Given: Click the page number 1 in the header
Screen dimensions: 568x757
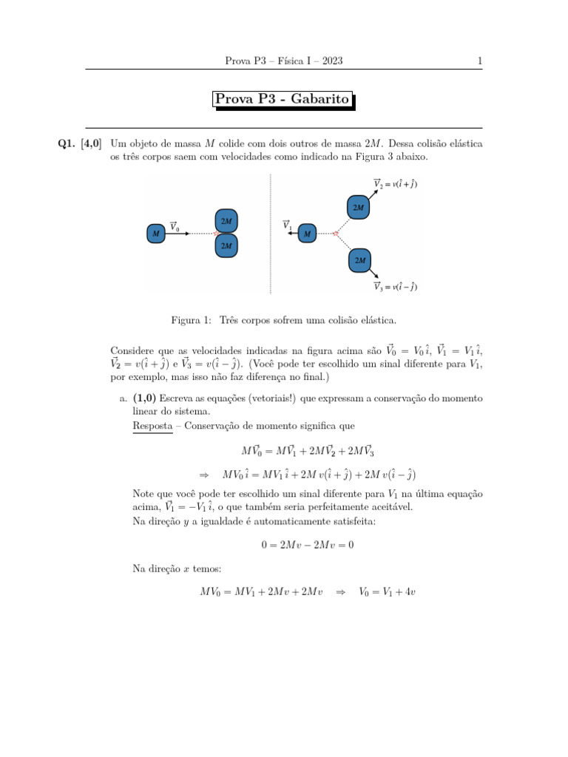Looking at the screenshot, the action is [x=480, y=61].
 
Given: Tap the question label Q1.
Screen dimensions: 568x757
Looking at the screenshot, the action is [x=68, y=143].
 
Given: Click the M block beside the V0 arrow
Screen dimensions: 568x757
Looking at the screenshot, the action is [x=155, y=234].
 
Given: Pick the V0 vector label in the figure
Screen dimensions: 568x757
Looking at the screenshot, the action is [x=175, y=228].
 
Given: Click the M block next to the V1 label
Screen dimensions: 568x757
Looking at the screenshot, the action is [x=307, y=234].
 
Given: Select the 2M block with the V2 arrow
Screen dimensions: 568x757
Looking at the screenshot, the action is [x=358, y=208].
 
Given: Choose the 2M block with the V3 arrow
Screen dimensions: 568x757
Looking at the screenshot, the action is [x=359, y=260].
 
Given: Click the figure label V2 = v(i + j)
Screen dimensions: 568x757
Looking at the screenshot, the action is [x=395, y=184].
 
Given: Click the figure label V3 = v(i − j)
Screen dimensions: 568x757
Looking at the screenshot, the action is [x=395, y=286].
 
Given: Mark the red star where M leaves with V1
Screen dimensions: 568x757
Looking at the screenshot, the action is [x=336, y=234].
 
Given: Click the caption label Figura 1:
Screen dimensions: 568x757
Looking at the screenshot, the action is [x=192, y=321].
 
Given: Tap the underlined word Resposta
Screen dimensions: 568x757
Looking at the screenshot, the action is [x=152, y=427].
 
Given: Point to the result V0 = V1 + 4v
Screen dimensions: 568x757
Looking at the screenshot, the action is [x=387, y=591].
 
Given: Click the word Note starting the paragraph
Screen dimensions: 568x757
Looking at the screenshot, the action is [x=144, y=493].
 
